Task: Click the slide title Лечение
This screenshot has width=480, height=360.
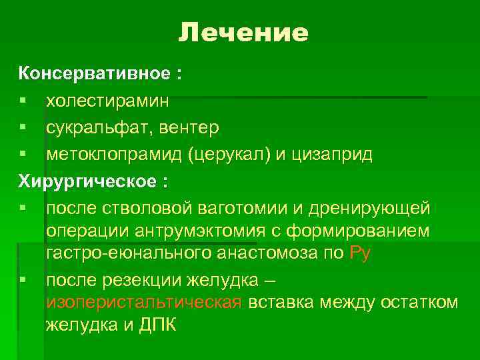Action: click(243, 33)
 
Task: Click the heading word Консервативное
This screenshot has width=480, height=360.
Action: click(93, 74)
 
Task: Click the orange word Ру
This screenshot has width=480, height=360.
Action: click(359, 253)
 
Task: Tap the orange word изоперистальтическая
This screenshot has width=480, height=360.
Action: click(143, 303)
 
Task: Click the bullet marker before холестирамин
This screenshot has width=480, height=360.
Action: click(23, 101)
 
